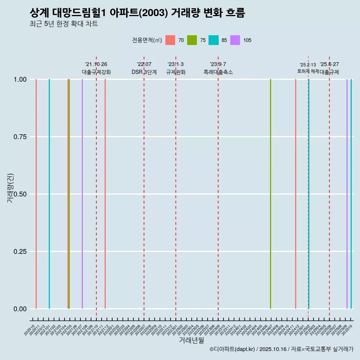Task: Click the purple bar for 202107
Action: click(x=82, y=194)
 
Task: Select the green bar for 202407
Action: click(x=270, y=194)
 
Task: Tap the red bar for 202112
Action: click(x=105, y=194)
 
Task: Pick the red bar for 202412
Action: click(x=295, y=194)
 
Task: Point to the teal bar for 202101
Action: click(x=49, y=194)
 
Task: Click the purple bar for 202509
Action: click(x=347, y=194)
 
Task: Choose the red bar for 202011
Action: click(x=36, y=194)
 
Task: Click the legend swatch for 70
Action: click(x=170, y=40)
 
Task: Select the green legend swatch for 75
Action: click(x=192, y=40)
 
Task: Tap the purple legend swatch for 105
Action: click(x=235, y=40)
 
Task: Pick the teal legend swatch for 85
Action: click(x=213, y=40)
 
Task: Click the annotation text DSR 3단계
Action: click(x=144, y=72)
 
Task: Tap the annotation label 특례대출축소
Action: click(x=218, y=72)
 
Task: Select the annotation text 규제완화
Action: click(x=176, y=72)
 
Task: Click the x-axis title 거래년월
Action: click(x=191, y=340)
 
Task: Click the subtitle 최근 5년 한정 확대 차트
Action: click(x=64, y=24)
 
